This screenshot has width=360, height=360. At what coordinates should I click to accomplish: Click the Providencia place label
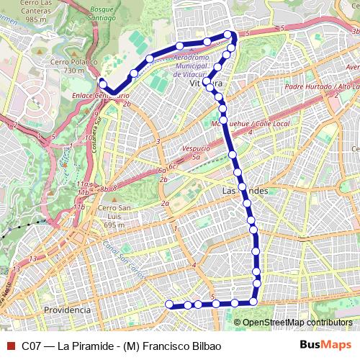pyautogui.click(x=67, y=309)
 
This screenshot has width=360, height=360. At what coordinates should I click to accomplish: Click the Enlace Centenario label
pyautogui.click(x=100, y=94)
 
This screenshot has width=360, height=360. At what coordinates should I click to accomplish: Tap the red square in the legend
pyautogui.click(x=9, y=345)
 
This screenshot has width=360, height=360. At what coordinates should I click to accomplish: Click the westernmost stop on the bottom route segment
pyautogui.click(x=170, y=305)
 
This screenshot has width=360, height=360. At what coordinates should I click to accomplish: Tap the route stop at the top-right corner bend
pyautogui.click(x=228, y=35)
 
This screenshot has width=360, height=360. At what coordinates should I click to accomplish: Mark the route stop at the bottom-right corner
pyautogui.click(x=254, y=301)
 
